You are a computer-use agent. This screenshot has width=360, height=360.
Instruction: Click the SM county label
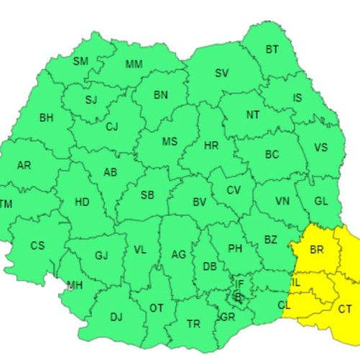(x=81, y=61)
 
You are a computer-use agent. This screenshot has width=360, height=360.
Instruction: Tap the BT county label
(x=271, y=50)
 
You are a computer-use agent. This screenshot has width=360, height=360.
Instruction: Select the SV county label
(x=222, y=73)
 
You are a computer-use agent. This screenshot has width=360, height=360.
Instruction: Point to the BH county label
(x=46, y=117)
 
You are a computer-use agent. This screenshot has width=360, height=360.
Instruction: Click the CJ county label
(x=112, y=127)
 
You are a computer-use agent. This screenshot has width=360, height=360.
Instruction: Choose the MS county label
(x=169, y=142)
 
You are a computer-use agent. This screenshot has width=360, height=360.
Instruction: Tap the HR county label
(x=211, y=145)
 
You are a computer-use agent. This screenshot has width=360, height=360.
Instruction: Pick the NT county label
(x=253, y=114)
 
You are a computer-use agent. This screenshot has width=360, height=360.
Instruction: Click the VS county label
(x=320, y=148)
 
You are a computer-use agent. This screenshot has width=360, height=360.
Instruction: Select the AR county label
(x=24, y=166)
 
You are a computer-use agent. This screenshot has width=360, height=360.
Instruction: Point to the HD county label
(x=82, y=202)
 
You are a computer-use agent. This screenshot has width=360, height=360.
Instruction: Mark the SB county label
(x=147, y=195)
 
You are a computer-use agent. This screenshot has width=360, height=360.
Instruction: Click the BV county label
(x=199, y=203)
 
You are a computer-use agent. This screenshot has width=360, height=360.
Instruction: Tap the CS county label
(x=37, y=246)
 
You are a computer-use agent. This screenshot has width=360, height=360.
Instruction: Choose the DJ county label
(x=116, y=315)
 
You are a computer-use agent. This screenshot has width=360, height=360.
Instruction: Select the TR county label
(x=193, y=324)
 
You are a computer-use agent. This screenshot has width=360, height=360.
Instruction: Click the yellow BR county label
(x=317, y=251)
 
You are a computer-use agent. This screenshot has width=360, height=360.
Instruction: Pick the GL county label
(x=322, y=202)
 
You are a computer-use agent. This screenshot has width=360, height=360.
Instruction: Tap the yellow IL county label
(x=296, y=283)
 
